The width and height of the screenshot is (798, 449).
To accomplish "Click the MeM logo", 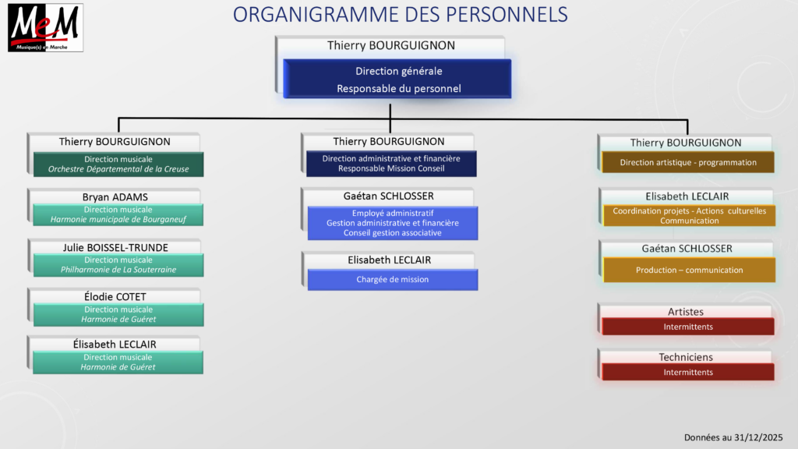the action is (x=45, y=27).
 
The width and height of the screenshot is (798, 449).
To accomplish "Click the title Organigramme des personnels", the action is (x=400, y=15).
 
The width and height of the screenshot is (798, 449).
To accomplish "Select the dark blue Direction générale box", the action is (x=397, y=79).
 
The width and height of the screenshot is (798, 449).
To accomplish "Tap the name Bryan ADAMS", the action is (x=115, y=197).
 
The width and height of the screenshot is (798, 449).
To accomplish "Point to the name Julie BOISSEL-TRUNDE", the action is (x=115, y=247).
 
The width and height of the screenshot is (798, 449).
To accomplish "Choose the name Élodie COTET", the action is (x=115, y=296).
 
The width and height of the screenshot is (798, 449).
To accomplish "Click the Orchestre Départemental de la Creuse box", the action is (x=118, y=164).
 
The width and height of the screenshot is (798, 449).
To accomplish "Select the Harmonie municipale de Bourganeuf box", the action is (x=118, y=214).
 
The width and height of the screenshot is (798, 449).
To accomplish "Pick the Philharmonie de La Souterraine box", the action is (x=118, y=265).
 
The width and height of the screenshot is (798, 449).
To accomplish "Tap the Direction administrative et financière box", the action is (x=391, y=164).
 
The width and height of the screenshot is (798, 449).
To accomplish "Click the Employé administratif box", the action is (x=393, y=223).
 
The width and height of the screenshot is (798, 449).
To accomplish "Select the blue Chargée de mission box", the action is (x=393, y=280).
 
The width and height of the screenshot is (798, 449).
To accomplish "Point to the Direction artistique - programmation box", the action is (x=688, y=162).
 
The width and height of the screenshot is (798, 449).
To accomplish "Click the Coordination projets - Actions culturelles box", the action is (x=689, y=215).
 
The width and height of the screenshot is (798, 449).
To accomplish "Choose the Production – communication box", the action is (x=689, y=270).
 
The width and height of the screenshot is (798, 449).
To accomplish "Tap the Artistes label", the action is (x=686, y=312).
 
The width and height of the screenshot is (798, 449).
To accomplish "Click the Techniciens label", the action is (x=686, y=357).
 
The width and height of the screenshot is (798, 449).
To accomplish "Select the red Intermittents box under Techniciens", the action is (x=688, y=372).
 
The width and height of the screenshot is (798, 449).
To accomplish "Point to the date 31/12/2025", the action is (x=758, y=437).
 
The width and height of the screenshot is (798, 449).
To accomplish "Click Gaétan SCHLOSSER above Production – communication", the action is (x=687, y=249).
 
